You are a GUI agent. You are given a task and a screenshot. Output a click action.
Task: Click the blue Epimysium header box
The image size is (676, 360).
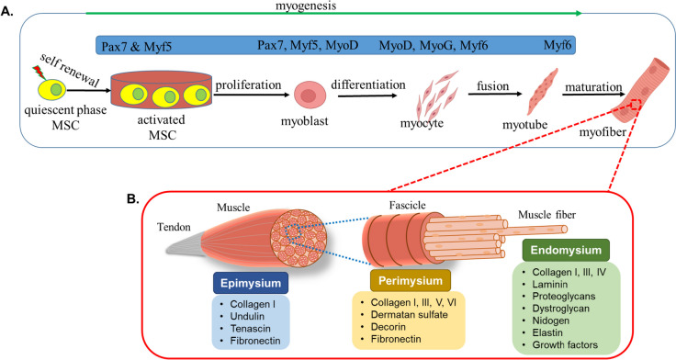[x=251, y=283]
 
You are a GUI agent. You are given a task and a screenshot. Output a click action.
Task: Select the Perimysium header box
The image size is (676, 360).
[x=411, y=281]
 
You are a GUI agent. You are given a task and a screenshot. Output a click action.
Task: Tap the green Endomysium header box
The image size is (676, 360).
[x=566, y=250]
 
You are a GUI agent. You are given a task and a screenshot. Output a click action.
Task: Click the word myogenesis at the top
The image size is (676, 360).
[x=306, y=6]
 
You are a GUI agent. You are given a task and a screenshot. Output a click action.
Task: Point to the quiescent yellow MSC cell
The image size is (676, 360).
[x=51, y=89]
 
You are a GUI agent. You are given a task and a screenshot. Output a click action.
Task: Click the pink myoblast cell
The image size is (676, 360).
[x=310, y=95]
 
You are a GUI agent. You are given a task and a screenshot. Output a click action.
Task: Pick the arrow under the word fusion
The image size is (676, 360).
[x=495, y=94]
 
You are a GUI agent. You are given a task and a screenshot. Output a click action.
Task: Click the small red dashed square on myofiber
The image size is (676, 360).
[x=635, y=104]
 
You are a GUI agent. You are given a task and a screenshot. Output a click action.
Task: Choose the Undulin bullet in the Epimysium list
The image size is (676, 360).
[x=247, y=317]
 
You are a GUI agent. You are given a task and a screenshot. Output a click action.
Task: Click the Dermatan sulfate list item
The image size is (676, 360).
[x=409, y=315]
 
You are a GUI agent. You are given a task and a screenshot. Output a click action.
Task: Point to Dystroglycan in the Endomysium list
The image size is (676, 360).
[x=560, y=309]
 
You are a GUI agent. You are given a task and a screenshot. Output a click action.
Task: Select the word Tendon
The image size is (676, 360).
[x=174, y=227]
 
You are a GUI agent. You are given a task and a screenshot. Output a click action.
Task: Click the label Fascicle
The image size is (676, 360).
[x=407, y=205]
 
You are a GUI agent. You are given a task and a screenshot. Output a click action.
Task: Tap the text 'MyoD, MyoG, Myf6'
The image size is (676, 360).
[x=434, y=45]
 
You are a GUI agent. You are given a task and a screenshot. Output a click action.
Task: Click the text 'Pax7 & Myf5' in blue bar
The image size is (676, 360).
[x=136, y=46]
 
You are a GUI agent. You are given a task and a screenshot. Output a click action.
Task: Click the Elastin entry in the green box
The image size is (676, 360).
[x=547, y=332]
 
